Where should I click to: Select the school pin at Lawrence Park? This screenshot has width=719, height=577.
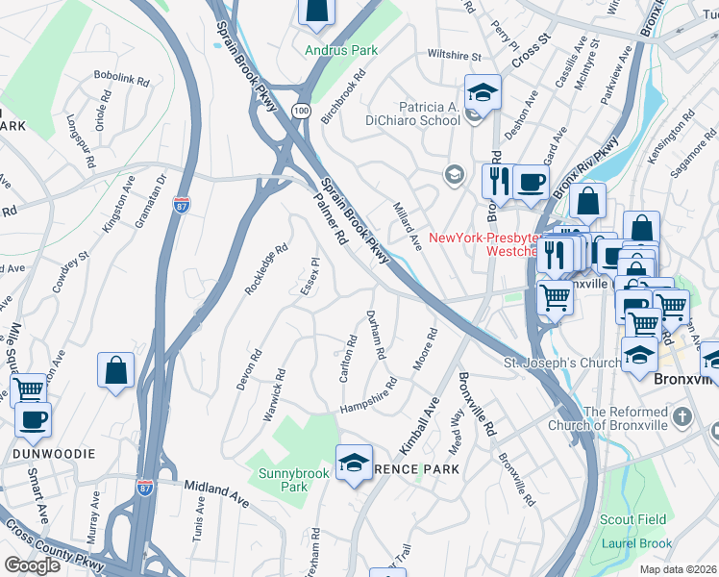354,464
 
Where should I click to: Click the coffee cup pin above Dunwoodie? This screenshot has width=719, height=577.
33,419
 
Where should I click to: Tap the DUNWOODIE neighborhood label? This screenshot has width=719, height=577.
39,452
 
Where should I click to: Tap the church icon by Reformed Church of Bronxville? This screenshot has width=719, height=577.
682,416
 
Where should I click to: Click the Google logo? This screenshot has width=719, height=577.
33,564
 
